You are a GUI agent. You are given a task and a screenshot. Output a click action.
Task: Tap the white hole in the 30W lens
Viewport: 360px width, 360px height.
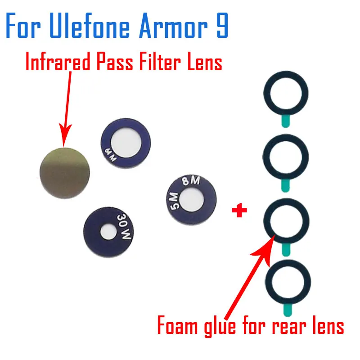click(x=107, y=232)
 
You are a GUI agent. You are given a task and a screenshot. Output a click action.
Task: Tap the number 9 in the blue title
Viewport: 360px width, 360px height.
click(x=221, y=27)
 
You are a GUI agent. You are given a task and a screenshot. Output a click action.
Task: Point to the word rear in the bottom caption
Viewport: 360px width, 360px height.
click(x=292, y=326)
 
